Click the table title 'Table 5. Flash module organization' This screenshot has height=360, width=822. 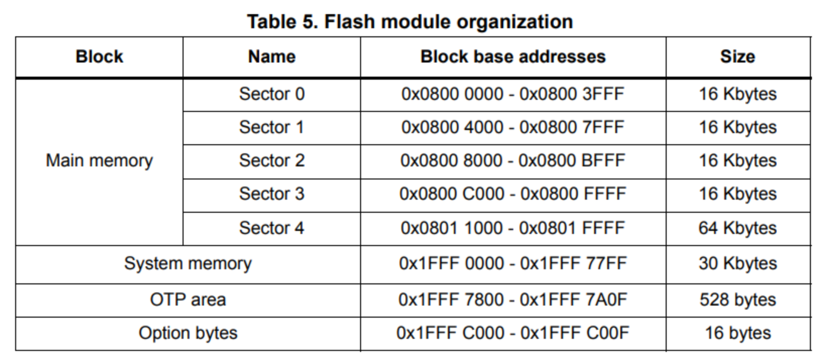point(409,22)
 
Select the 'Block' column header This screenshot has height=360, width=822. point(99,56)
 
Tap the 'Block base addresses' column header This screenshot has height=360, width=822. point(513,56)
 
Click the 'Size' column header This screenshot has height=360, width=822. point(737,56)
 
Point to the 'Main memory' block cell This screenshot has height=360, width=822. point(99,161)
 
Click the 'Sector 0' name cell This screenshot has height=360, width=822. point(271,94)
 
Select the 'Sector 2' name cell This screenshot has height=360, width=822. point(271,161)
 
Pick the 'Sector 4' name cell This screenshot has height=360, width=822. point(271,228)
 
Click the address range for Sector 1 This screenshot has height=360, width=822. point(513,128)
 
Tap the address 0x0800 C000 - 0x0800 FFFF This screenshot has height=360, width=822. point(513,194)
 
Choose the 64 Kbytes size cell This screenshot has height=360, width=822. point(737,228)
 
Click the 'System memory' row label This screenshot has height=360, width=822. point(188,264)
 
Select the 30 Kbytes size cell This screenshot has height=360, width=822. point(737,264)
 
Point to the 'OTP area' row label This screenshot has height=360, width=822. point(188,300)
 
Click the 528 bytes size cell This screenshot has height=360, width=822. point(737,300)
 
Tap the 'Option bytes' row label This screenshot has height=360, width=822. point(188,333)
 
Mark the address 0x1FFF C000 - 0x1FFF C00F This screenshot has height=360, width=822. point(513,333)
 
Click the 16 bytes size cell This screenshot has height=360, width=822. point(737,333)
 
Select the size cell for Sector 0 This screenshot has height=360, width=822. point(737,94)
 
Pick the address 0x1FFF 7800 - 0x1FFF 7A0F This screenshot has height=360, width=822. point(513,300)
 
